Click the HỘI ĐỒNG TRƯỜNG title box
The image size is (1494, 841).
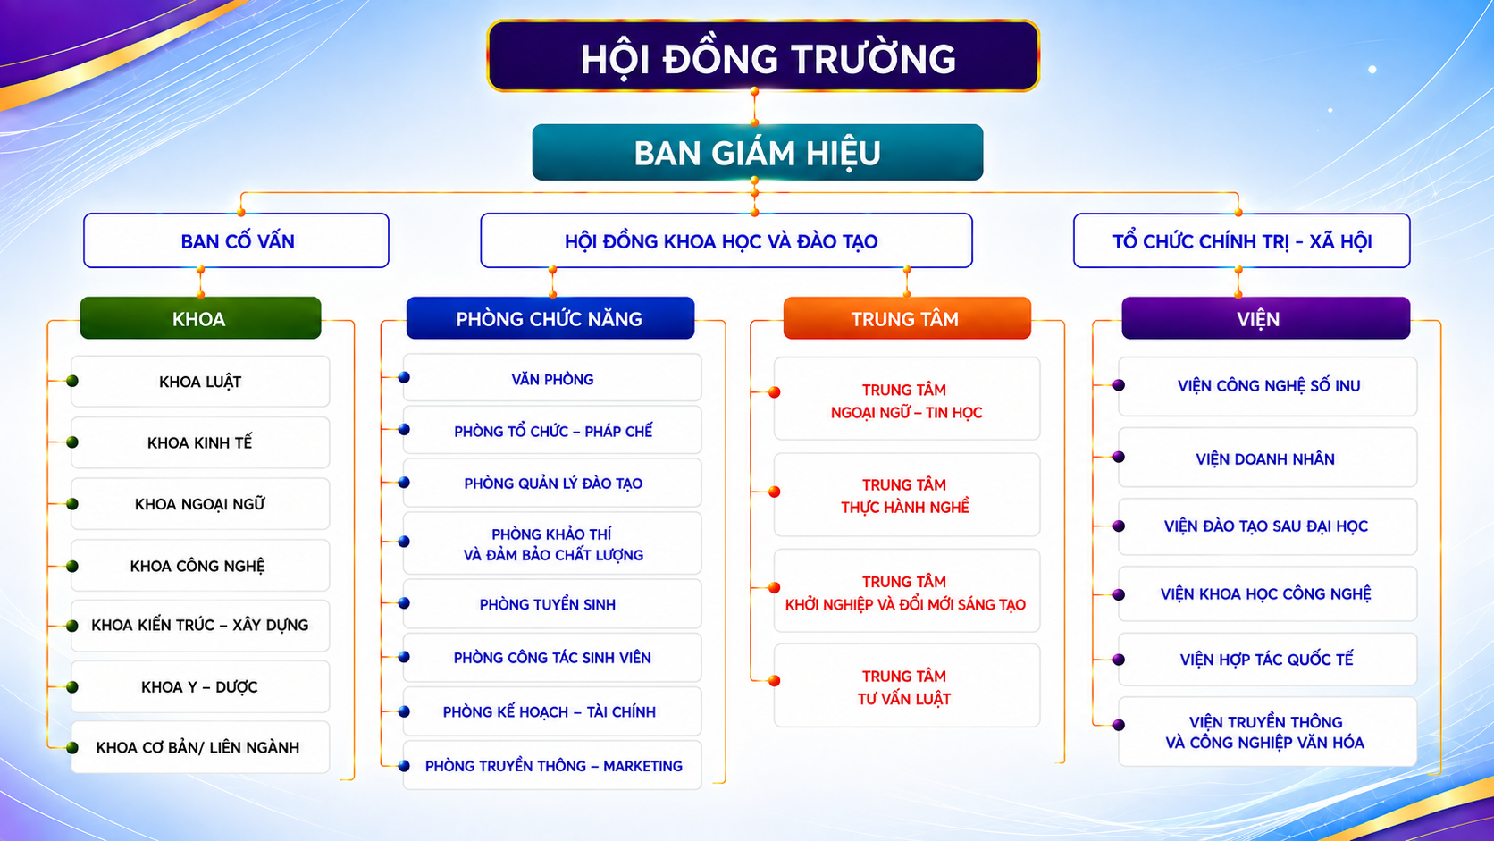pyautogui.click(x=763, y=56)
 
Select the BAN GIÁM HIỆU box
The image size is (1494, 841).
pyautogui.click(x=757, y=152)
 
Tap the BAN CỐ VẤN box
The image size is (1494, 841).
pyautogui.click(x=236, y=240)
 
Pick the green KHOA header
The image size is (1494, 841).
pyautogui.click(x=200, y=318)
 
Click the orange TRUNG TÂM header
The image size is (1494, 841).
pyautogui.click(x=907, y=318)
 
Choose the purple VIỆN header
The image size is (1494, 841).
pyautogui.click(x=1265, y=318)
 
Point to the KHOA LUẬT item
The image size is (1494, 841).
pyautogui.click(x=200, y=382)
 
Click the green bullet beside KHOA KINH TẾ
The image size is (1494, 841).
pyautogui.click(x=72, y=442)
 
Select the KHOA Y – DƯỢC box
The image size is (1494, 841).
pyautogui.click(x=200, y=687)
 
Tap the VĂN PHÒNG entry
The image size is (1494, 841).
pyautogui.click(x=552, y=378)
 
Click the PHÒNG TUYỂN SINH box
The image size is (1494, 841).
pyautogui.click(x=552, y=604)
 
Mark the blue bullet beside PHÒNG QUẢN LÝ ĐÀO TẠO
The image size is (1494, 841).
pyautogui.click(x=404, y=483)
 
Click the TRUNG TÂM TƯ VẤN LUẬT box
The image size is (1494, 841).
pyautogui.click(x=906, y=686)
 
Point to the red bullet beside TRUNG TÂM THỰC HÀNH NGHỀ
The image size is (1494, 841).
pyautogui.click(x=775, y=492)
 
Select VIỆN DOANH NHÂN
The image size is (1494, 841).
pyautogui.click(x=1267, y=458)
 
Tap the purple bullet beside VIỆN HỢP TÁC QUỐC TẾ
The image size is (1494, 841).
pyautogui.click(x=1120, y=660)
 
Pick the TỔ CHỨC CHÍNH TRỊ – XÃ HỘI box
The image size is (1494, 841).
pyautogui.click(x=1241, y=240)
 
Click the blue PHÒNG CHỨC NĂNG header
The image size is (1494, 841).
pyautogui.click(x=550, y=318)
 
